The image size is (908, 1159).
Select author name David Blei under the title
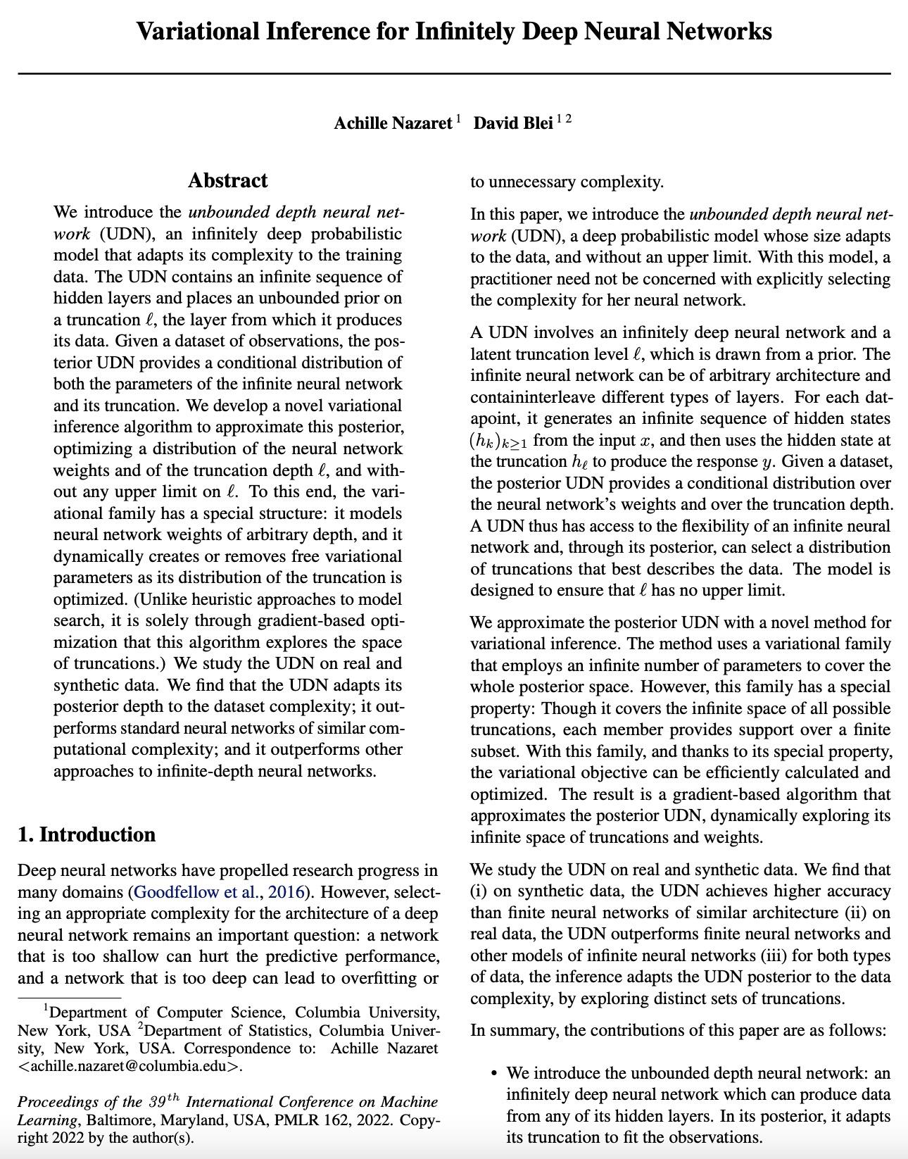pos(512,124)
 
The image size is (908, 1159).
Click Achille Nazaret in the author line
pos(393,124)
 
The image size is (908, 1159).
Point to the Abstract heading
pos(227,181)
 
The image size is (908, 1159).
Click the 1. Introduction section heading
pos(87,834)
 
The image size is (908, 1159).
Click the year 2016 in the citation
pos(289,892)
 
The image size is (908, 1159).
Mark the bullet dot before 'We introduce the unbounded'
pos(494,1074)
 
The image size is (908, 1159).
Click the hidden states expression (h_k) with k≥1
pos(500,441)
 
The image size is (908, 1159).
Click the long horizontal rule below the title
pos(454,73)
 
